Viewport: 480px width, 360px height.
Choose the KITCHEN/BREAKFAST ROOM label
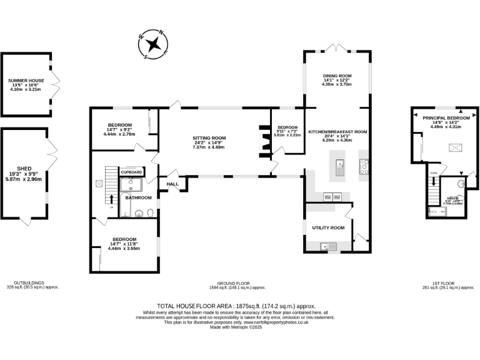337,132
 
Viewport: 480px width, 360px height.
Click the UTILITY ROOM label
328,228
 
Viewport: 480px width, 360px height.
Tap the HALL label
172,184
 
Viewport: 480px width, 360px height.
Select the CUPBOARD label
132,171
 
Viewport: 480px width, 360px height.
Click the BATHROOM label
138,197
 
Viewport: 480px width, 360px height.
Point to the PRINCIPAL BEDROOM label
446,117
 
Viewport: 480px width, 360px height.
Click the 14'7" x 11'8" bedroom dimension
124,249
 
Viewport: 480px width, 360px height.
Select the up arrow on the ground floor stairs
113,199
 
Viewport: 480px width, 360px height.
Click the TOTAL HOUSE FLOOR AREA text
213,306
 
